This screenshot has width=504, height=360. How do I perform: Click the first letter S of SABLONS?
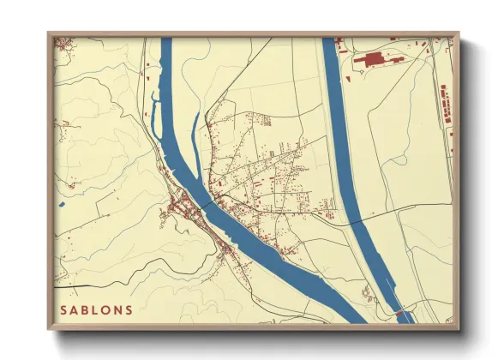(63, 309)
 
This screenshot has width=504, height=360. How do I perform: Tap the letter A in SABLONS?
(75, 309)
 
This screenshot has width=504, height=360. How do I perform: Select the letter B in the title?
(87, 309)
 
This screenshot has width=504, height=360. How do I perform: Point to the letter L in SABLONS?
(97, 309)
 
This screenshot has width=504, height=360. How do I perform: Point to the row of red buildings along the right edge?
(446, 107)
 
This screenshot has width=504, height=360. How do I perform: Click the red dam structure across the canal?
(399, 314)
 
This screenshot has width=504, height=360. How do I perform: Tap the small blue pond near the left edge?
(63, 206)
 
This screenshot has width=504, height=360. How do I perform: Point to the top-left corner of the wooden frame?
(48, 33)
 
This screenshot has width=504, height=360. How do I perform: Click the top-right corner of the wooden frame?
(459, 33)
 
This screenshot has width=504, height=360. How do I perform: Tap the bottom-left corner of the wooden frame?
(48, 329)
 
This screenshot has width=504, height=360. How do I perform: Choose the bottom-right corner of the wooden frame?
(459, 329)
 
